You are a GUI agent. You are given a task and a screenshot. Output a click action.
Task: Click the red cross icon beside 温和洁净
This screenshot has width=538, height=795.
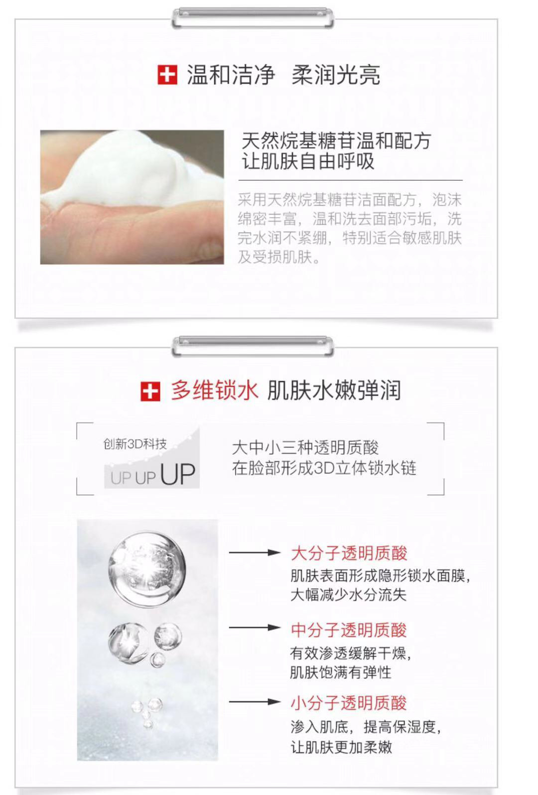click(x=167, y=75)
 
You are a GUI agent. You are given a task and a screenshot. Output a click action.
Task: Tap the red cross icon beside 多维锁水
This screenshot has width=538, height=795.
click(x=150, y=392)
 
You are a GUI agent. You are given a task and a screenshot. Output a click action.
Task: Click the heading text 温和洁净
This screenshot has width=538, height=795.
click(x=231, y=75)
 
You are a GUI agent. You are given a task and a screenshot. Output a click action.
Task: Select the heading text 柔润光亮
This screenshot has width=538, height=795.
click(x=336, y=75)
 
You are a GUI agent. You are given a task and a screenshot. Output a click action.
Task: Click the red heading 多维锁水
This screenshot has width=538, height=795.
click(x=214, y=391)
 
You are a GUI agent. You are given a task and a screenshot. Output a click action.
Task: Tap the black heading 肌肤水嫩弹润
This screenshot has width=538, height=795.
click(x=334, y=391)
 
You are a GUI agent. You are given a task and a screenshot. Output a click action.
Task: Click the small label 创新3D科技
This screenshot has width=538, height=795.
click(x=135, y=444)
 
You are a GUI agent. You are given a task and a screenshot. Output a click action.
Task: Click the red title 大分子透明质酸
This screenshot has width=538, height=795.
click(x=349, y=553)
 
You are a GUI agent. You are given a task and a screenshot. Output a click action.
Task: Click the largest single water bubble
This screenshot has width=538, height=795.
click(x=147, y=569)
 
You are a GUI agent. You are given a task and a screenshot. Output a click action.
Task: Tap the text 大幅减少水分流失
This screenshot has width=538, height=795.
click(x=348, y=595)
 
